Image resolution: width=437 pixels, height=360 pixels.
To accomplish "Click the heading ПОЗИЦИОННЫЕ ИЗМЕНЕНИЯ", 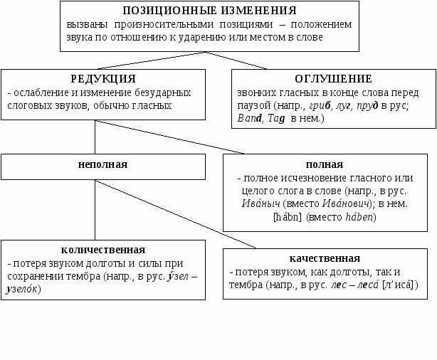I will [x=209, y=11].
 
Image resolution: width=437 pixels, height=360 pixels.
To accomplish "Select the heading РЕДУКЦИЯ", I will [x=103, y=78].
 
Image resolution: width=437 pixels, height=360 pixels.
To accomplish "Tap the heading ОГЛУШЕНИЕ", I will [x=333, y=78].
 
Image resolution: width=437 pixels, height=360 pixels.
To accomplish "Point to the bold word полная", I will [x=329, y=163].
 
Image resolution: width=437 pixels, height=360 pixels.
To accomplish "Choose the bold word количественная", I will [x=103, y=250].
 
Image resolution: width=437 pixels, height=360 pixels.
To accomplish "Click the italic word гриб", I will [x=322, y=105].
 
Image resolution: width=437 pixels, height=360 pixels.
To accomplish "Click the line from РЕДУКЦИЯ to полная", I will [x=171, y=135].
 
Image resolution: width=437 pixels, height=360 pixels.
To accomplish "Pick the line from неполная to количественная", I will [x=95, y=210].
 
